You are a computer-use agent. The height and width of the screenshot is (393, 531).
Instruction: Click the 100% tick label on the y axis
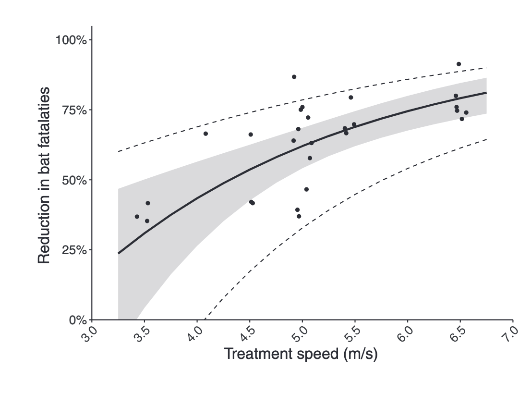coord(71,40)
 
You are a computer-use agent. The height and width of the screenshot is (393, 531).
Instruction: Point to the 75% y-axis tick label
coord(73,110)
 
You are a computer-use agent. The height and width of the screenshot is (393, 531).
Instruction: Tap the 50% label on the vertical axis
coord(73,180)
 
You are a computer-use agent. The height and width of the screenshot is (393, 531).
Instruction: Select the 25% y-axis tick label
coord(73,250)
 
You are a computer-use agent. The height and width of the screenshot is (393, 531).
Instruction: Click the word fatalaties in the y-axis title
coord(44,121)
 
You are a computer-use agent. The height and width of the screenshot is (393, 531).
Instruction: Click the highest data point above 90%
coord(459,64)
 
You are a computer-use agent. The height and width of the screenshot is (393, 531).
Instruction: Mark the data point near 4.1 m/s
coord(205,134)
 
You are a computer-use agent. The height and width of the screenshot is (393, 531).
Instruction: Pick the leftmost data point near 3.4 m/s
coord(137,217)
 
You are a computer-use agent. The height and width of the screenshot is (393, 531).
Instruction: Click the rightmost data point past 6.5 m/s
coord(466,112)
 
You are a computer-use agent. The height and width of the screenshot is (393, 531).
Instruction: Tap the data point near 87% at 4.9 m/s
coord(294,77)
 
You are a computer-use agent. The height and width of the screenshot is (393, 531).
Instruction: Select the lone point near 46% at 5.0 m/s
coord(306,189)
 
